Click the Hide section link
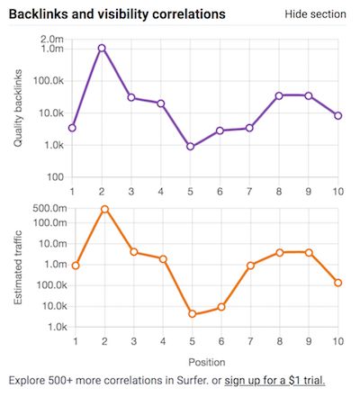pyautogui.click(x=315, y=14)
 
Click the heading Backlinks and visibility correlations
pyautogui.click(x=117, y=14)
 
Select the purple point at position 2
pyautogui.click(x=102, y=48)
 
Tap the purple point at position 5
pyautogui.click(x=190, y=146)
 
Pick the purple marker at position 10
pyautogui.click(x=337, y=116)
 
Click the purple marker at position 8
pyautogui.click(x=279, y=95)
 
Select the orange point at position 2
pyautogui.click(x=104, y=209)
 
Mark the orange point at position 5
pyautogui.click(x=193, y=314)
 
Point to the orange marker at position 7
pyautogui.click(x=250, y=266)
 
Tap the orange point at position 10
pyautogui.click(x=337, y=283)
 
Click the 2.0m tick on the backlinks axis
pyautogui.click(x=50, y=40)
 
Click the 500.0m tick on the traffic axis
pyautogui.click(x=48, y=208)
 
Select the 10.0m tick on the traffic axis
pyautogui.click(x=50, y=243)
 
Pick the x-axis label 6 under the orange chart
pyautogui.click(x=221, y=341)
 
